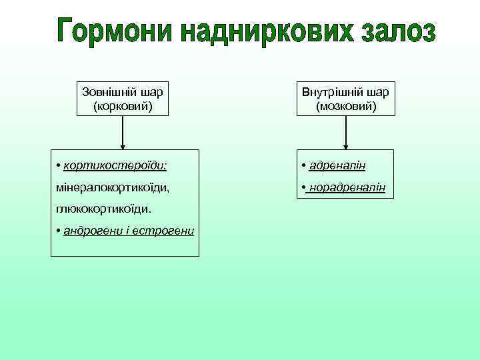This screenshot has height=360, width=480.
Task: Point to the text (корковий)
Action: (123, 105)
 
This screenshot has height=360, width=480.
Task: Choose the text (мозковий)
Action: (346, 105)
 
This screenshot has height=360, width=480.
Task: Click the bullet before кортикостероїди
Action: (59, 164)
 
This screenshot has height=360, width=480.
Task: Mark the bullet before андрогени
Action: (59, 231)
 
